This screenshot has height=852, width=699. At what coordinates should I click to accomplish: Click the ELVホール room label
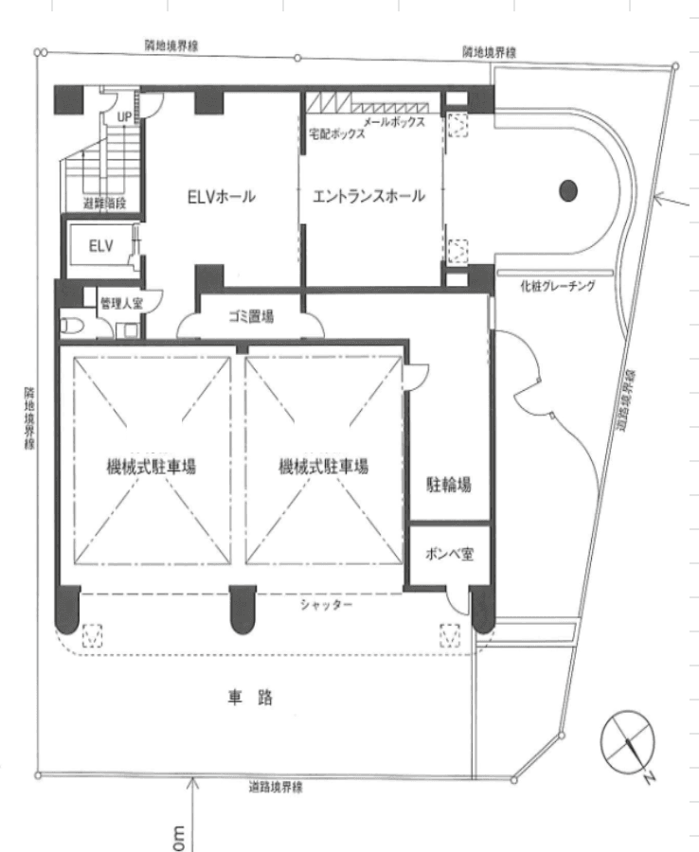(222, 196)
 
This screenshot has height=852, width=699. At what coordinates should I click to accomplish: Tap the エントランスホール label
(368, 196)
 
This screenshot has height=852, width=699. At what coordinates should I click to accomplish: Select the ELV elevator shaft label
(101, 246)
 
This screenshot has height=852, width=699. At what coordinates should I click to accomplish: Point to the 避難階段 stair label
(104, 204)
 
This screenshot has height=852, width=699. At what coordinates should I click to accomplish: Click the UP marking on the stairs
(124, 116)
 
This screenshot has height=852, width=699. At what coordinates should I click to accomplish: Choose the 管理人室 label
(122, 303)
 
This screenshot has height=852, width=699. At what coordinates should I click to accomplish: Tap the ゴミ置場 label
(251, 316)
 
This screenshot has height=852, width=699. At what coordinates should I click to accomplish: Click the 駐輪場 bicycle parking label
(448, 484)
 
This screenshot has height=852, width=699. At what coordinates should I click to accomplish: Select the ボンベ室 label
(449, 554)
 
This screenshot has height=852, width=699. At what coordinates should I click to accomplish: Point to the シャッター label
(326, 604)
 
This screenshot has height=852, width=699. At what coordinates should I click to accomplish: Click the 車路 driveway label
(250, 697)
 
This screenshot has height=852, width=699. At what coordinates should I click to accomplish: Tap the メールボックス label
(394, 122)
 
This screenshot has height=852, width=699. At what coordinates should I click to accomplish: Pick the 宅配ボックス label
(337, 133)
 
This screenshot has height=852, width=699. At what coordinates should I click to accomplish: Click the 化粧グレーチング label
(558, 286)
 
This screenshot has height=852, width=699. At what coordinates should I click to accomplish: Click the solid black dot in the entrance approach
(568, 190)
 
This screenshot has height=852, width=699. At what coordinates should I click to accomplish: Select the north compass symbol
(628, 743)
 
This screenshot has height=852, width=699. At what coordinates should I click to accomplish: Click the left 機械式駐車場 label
(152, 466)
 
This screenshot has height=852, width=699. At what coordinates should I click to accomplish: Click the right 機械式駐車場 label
(323, 466)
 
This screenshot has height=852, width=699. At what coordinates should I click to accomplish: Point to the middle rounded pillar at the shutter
(242, 610)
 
